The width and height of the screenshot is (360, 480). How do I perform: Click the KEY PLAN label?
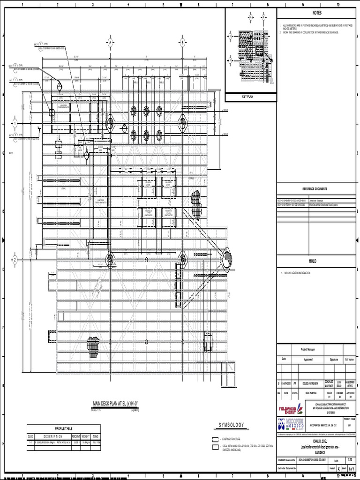(247, 97)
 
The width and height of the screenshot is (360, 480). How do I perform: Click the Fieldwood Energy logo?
(291, 409)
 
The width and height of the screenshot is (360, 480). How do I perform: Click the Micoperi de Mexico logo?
(291, 425)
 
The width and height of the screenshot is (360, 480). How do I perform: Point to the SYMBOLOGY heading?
(231, 425)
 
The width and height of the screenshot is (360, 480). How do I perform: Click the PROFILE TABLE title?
(64, 428)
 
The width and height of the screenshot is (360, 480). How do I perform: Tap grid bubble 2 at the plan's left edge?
(15, 260)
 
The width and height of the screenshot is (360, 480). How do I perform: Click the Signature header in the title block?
(334, 360)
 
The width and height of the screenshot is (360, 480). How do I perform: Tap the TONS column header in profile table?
(95, 436)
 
